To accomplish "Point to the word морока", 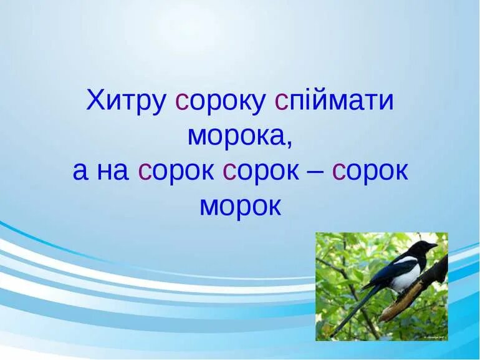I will tap(237, 135).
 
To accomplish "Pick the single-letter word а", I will tap(80, 171).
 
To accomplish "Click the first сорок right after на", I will tap(176, 171).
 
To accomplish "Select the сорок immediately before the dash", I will tap(261, 171).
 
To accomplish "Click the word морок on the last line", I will tap(240, 206).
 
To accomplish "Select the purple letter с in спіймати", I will tap(281, 101).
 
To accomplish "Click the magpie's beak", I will tap(432, 246).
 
